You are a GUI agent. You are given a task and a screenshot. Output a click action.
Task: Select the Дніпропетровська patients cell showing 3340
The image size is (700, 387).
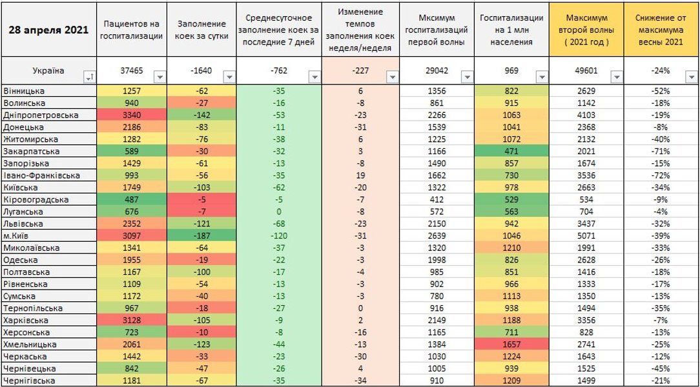(132, 115)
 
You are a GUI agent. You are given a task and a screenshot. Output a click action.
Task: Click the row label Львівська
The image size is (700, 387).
(23, 224)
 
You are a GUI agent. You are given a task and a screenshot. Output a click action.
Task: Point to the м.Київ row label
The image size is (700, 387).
(19, 236)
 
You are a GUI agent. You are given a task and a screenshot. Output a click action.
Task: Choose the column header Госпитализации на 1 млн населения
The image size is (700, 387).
(511, 30)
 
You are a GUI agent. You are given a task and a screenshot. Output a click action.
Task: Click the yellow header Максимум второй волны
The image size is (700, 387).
(586, 30)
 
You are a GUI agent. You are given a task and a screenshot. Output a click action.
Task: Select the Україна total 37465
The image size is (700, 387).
(132, 70)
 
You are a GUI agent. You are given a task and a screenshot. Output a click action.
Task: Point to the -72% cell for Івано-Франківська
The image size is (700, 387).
(661, 175)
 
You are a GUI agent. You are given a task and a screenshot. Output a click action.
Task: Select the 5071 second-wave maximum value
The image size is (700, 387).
(586, 236)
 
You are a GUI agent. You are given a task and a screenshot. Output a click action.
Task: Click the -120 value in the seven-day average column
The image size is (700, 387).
(278, 236)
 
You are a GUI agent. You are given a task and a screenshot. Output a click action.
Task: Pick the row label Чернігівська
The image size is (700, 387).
(29, 381)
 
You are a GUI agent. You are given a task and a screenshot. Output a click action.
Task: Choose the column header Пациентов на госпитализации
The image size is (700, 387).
(132, 30)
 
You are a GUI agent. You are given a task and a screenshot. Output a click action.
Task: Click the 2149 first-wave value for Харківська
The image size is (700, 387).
(437, 321)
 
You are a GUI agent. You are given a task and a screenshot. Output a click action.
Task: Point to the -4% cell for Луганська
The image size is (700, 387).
(661, 212)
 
